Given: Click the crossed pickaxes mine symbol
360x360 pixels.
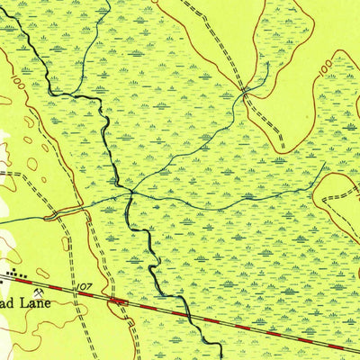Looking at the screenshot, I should tap(39, 291).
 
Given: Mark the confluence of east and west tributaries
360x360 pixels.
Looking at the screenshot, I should tap(132, 192).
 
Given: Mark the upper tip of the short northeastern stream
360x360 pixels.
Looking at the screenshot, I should tap(266, 63).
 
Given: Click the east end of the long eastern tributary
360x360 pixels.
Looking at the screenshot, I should tap(324, 166).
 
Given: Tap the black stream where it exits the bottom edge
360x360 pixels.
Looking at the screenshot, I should tap(220, 357).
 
